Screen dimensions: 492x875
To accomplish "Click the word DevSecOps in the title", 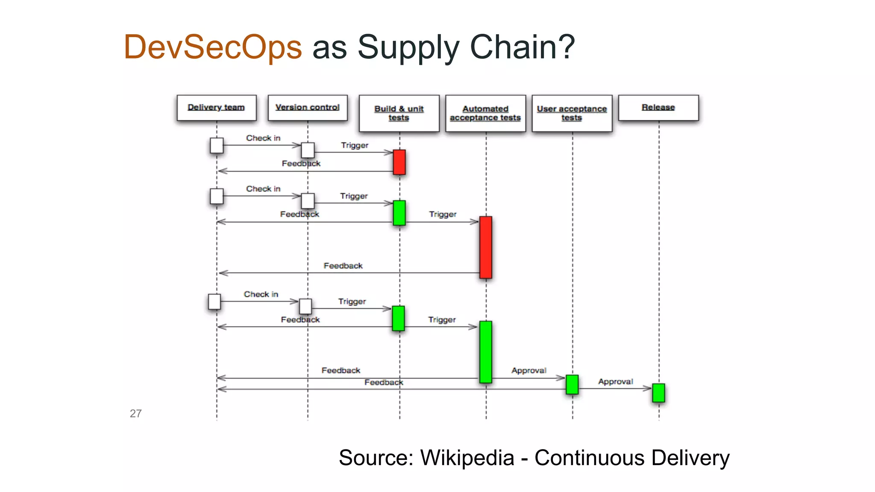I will (213, 47).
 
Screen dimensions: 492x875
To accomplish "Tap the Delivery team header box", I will (216, 108).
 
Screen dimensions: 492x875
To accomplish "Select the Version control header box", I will (307, 108).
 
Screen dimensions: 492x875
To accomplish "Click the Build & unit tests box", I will (399, 113).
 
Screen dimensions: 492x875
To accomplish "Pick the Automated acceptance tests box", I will (485, 113).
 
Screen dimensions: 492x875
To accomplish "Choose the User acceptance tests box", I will (572, 113).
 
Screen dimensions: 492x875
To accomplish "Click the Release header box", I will (658, 108).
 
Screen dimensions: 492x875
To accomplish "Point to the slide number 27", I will (135, 413).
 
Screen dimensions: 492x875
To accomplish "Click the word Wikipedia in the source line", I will (467, 458).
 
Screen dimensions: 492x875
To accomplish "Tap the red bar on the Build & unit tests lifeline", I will (399, 162).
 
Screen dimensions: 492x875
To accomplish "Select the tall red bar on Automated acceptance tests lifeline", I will (486, 247).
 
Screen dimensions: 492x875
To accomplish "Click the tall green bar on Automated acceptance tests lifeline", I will (486, 352).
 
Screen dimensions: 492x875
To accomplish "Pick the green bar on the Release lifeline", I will (658, 393).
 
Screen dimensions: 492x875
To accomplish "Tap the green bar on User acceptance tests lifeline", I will (572, 384).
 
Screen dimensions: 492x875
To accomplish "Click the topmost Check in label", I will (263, 138).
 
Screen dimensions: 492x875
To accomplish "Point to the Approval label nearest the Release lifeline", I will (615, 381).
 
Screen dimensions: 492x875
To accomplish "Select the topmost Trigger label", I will (355, 145).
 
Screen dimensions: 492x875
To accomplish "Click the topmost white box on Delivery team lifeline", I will (217, 145).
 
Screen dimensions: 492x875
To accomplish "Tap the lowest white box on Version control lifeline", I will (305, 306).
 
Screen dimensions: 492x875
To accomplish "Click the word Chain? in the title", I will (522, 47).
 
